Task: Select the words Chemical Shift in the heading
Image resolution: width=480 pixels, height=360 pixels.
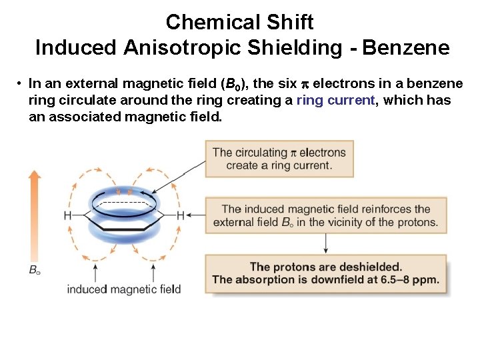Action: (x=239, y=22)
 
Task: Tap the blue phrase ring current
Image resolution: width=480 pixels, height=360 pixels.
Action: (x=336, y=101)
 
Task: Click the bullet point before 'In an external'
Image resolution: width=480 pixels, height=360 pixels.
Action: (x=21, y=84)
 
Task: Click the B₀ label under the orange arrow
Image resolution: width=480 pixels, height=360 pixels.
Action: (x=34, y=270)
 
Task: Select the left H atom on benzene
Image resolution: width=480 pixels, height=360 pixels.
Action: (x=67, y=215)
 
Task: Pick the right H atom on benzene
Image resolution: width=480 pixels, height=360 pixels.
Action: (x=181, y=215)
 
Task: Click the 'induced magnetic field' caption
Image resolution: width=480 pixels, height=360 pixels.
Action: (x=124, y=289)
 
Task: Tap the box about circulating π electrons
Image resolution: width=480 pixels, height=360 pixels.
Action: (x=279, y=159)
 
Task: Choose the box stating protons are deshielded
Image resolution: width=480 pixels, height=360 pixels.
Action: (x=325, y=273)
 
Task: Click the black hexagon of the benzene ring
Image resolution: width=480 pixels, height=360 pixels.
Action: (x=124, y=216)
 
